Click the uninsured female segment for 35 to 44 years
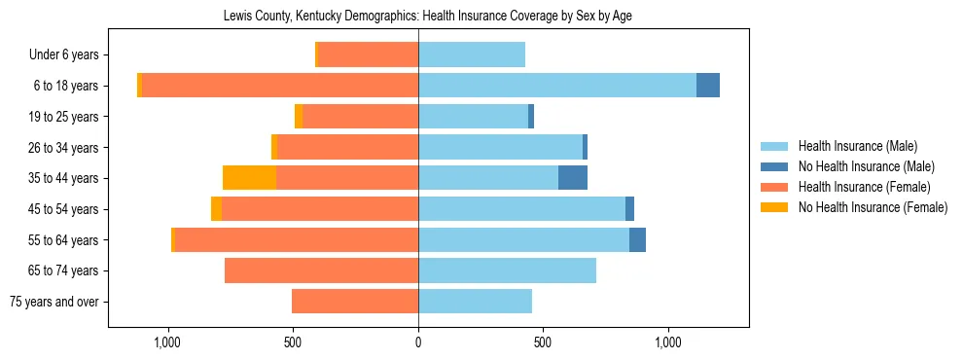click(249, 178)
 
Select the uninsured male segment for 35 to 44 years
click(573, 178)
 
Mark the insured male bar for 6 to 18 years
click(557, 86)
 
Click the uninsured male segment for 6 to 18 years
click(708, 86)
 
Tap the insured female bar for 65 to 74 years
click(321, 270)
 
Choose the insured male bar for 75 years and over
click(475, 302)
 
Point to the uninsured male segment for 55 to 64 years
click(637, 239)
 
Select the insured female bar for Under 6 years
click(368, 54)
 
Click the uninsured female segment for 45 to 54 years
click(216, 209)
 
